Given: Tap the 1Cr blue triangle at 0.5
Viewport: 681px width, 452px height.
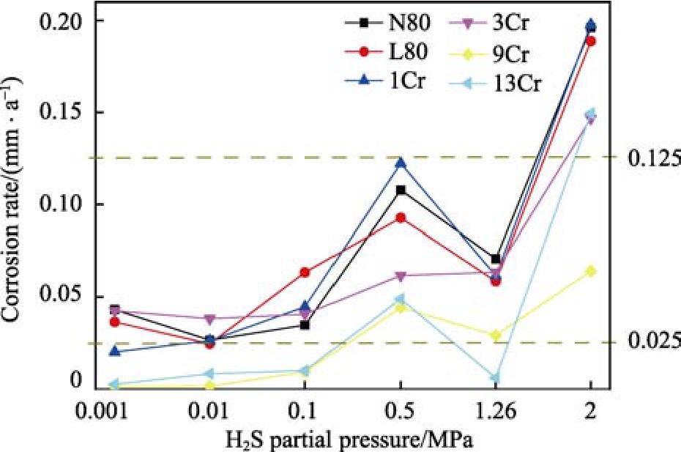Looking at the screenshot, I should click(x=401, y=163).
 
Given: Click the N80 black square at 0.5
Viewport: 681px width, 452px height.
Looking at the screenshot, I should click(x=401, y=190).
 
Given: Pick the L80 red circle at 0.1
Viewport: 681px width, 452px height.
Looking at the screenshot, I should click(x=305, y=273).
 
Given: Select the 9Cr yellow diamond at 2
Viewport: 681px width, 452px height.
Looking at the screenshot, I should click(x=591, y=271).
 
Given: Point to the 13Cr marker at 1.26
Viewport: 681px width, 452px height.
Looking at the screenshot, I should click(x=495, y=378).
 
